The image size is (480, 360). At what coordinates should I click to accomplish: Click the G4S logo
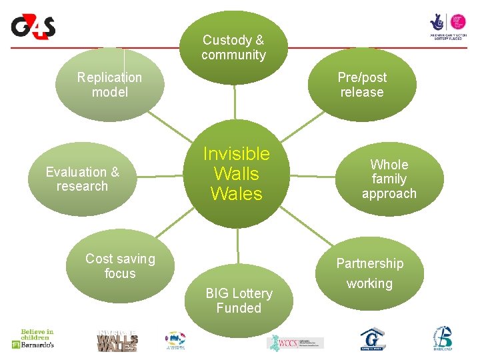(33, 27)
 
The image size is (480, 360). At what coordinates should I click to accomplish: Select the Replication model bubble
(109, 85)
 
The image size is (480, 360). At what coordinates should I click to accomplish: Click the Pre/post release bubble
(362, 85)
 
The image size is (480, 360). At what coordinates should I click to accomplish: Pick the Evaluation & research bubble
(82, 179)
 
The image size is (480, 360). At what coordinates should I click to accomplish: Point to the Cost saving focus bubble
(120, 266)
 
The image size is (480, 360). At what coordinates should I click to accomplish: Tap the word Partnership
(369, 263)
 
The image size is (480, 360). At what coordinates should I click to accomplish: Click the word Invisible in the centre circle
(237, 154)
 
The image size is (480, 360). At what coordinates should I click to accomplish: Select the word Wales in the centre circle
(237, 194)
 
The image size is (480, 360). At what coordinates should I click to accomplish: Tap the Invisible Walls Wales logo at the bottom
(117, 341)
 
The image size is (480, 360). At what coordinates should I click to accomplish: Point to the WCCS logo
(295, 343)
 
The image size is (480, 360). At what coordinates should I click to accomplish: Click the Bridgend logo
(442, 339)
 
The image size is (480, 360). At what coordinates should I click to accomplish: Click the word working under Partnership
(369, 284)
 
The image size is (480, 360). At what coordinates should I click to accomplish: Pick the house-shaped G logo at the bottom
(372, 339)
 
